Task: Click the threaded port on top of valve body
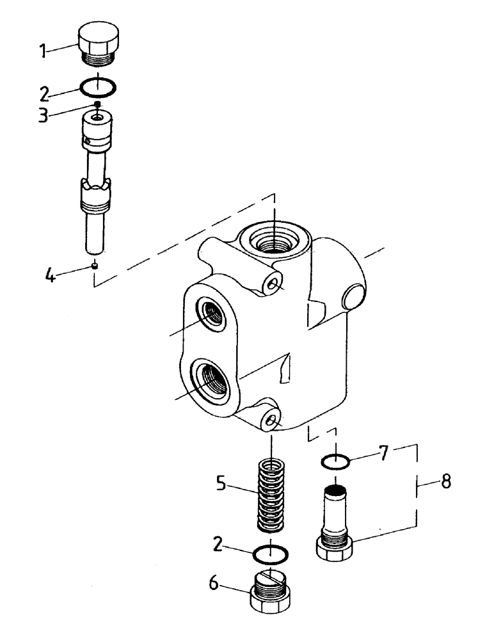point(275,241)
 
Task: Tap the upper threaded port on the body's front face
point(212,315)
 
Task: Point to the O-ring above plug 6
point(271,552)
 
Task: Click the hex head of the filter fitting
point(335,549)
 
